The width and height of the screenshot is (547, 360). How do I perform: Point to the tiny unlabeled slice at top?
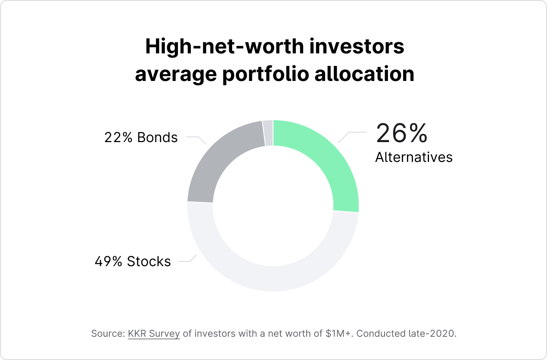point(268,133)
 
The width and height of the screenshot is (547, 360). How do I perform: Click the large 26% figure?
point(401,133)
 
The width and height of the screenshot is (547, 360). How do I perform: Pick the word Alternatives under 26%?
point(414,157)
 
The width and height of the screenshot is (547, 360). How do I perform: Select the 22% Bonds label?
point(141,137)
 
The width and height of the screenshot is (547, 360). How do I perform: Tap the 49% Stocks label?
point(133,261)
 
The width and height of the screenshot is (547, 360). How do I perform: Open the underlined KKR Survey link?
point(154,334)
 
